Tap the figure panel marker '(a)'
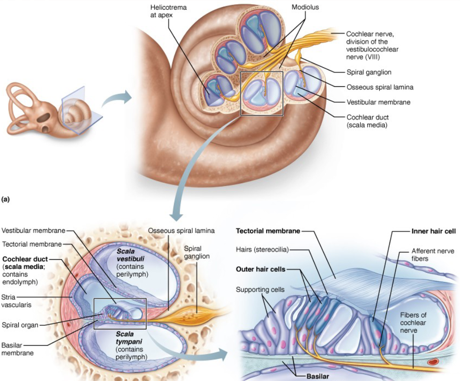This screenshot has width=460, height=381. point(6,199)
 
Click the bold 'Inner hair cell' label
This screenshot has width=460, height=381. point(433,231)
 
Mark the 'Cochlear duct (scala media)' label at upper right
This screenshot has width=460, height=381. point(368,121)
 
